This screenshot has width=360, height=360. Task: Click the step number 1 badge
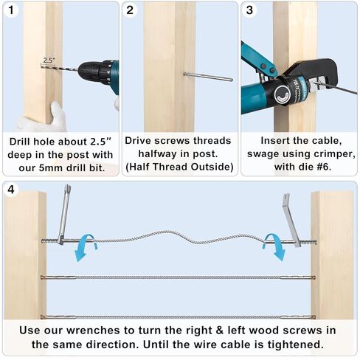tap(13, 11)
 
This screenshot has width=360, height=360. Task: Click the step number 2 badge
tap(131, 11)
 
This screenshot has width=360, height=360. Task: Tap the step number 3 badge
tap(249, 11)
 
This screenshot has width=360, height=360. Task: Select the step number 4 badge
tap(13, 190)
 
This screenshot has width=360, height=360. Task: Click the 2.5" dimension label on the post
tap(49, 60)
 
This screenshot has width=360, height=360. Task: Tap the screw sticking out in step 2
tap(207, 76)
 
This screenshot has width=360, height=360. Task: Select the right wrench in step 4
tap(292, 220)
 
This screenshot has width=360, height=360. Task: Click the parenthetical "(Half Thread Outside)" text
tap(179, 168)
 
